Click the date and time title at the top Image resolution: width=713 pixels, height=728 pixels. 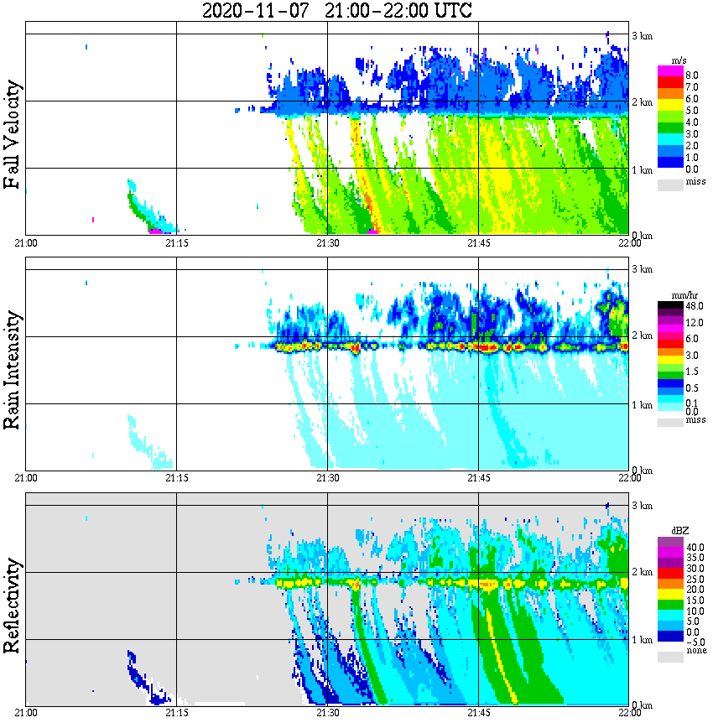pyautogui.click(x=337, y=11)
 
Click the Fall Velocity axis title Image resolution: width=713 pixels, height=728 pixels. pyautogui.click(x=13, y=135)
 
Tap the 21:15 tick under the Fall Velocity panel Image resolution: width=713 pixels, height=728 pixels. pyautogui.click(x=176, y=243)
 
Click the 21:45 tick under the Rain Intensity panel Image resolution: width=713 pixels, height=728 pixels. pyautogui.click(x=478, y=478)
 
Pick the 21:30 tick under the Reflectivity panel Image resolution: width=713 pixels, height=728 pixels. pyautogui.click(x=327, y=713)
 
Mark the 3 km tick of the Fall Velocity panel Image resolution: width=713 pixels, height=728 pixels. pyautogui.click(x=642, y=35)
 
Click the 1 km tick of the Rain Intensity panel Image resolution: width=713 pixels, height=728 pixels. pyautogui.click(x=642, y=405)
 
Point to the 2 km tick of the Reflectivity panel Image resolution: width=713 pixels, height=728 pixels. pyautogui.click(x=642, y=573)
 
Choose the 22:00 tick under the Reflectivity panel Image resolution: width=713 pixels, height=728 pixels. pyautogui.click(x=629, y=713)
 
